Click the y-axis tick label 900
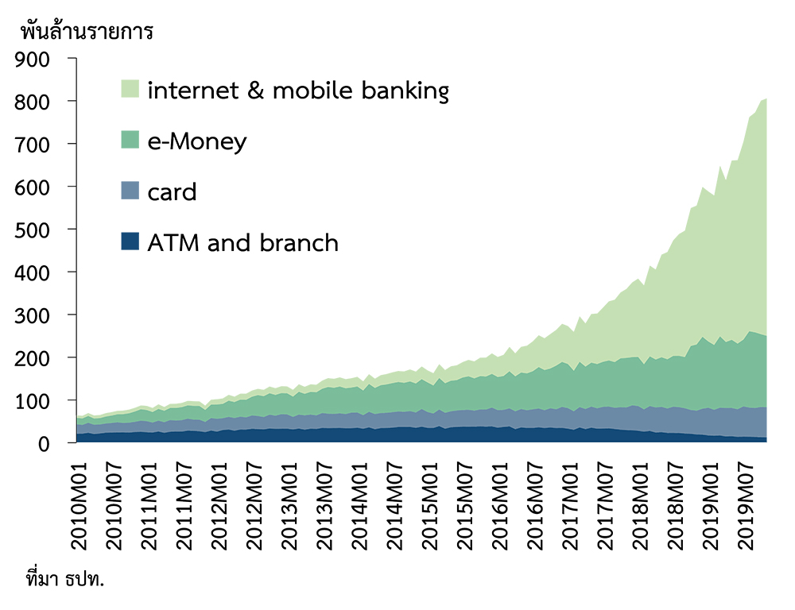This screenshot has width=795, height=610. (x=32, y=60)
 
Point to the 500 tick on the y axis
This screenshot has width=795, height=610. (x=32, y=230)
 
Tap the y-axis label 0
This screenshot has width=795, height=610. (x=44, y=444)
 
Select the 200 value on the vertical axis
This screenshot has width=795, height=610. (x=32, y=358)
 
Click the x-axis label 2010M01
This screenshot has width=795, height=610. (x=79, y=506)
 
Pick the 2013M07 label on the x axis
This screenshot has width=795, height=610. (x=324, y=506)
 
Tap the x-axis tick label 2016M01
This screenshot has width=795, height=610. (x=500, y=506)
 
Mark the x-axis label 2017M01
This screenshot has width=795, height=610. (x=570, y=506)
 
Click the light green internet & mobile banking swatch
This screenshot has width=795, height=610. (x=130, y=89)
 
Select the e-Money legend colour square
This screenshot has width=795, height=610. (x=130, y=139)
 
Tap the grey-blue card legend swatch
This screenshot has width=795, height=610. (x=130, y=191)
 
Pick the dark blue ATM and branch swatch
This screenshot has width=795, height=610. (x=130, y=241)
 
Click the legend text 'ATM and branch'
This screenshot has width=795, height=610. (x=242, y=243)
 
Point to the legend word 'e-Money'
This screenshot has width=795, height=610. (x=197, y=142)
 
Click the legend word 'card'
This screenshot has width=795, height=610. (x=172, y=192)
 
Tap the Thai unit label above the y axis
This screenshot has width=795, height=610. (x=87, y=31)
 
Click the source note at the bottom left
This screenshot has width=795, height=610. (x=65, y=578)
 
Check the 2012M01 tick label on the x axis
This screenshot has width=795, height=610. (x=219, y=506)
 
